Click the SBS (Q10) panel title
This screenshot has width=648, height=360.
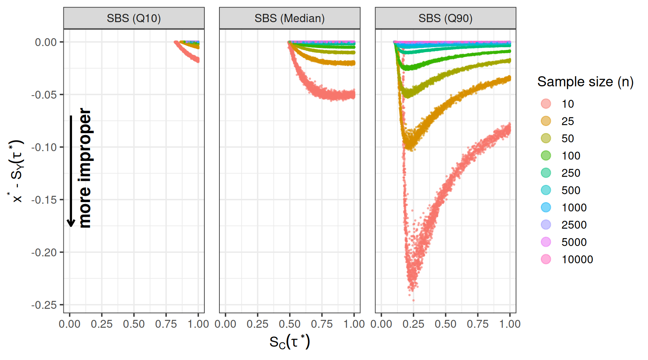click(133, 18)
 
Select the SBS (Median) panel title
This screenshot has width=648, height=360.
click(289, 18)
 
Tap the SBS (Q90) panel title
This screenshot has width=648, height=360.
click(445, 18)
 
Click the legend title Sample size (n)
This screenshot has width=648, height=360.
click(585, 82)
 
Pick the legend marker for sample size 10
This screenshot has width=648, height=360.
click(546, 104)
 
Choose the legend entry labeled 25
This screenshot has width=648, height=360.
click(567, 121)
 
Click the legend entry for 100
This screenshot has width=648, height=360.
click(571, 156)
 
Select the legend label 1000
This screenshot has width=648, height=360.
click(574, 207)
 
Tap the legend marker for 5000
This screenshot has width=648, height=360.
click(546, 242)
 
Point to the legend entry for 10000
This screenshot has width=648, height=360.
click(577, 259)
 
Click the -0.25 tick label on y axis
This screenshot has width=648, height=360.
click(44, 305)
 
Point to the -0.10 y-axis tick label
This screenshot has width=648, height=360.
click(44, 147)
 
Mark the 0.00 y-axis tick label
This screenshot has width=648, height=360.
click(46, 42)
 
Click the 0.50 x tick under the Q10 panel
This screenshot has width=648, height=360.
click(134, 324)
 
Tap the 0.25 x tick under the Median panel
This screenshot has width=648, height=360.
click(257, 324)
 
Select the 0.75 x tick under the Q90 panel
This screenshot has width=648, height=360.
click(478, 324)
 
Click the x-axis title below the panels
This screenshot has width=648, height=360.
click(289, 342)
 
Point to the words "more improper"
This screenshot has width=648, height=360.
click(85, 168)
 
